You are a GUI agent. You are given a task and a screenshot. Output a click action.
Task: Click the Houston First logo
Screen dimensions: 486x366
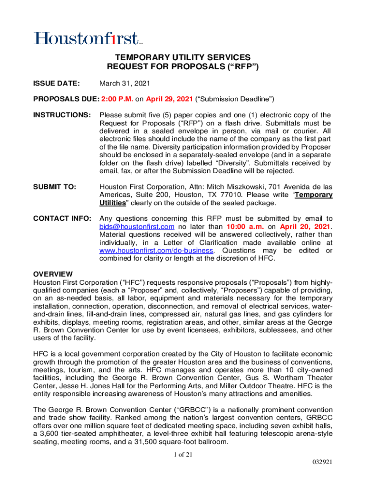pos(87,38)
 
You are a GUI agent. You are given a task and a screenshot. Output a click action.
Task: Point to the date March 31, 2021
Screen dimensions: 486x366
pos(125,84)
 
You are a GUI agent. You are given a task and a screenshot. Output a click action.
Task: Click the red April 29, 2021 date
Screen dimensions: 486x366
pos(170,99)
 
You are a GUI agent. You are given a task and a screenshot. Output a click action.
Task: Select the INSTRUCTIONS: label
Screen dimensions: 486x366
pos(62,115)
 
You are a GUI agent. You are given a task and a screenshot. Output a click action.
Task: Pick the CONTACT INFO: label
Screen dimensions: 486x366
pos(62,218)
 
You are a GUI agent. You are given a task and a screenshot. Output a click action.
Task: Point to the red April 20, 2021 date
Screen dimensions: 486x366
pos(304,226)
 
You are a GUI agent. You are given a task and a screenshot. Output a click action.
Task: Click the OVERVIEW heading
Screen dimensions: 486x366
pos(52,274)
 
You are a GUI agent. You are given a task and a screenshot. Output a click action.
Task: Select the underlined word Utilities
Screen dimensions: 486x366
pos(113,203)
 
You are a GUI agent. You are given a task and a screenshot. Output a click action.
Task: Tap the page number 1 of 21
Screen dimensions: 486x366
pos(183,455)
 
